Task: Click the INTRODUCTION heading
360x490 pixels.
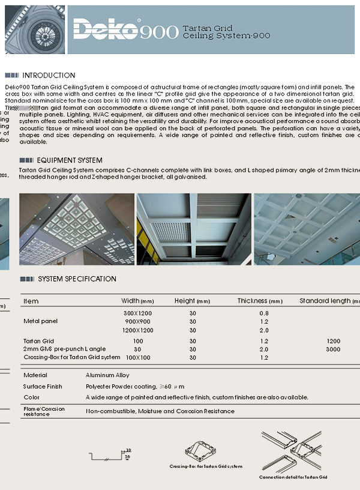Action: click(x=49, y=76)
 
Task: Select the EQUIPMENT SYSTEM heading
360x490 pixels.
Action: click(x=69, y=160)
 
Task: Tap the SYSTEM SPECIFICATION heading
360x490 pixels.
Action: click(x=77, y=279)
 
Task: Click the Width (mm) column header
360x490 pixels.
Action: click(x=138, y=301)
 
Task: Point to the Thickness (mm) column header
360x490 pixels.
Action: click(x=259, y=301)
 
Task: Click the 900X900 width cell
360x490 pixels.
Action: click(x=138, y=322)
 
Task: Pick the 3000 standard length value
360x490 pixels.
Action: click(x=333, y=349)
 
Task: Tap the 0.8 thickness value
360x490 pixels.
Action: click(x=264, y=313)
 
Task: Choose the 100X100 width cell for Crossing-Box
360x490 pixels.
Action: click(x=138, y=357)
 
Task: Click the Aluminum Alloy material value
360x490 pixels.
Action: click(x=107, y=375)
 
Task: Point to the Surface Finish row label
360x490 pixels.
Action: click(x=43, y=386)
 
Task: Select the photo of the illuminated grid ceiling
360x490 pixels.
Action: click(x=77, y=229)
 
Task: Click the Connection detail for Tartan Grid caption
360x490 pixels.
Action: click(x=293, y=477)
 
